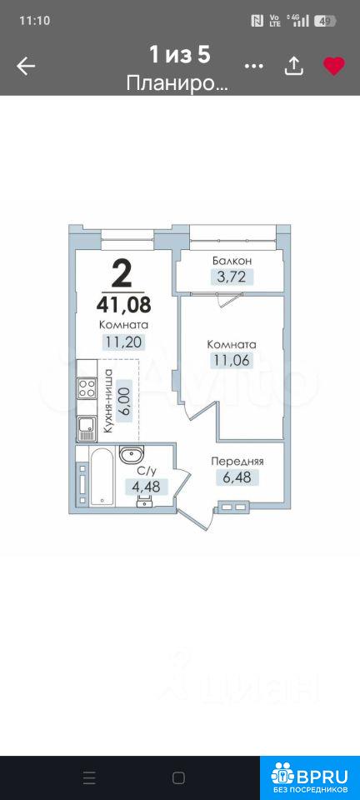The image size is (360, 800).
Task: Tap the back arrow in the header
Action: point(26,67)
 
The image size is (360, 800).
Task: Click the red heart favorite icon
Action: point(334,67)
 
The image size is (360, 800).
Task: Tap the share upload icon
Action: point(293,66)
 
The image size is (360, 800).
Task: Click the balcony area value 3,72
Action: point(232,277)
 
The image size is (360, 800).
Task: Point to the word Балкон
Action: point(232,261)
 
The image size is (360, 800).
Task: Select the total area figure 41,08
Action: point(123,305)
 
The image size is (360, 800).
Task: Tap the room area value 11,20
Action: point(123,342)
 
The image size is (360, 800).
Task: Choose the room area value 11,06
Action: point(232,361)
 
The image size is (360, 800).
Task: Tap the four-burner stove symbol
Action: point(87,387)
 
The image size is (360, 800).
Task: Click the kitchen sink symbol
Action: point(87,428)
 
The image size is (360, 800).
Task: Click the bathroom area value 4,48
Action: point(146,487)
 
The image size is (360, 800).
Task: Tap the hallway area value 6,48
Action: point(237,477)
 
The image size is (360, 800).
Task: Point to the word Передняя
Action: point(237,462)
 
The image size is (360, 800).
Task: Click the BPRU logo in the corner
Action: point(310,777)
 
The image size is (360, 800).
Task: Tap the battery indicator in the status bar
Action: point(325,21)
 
